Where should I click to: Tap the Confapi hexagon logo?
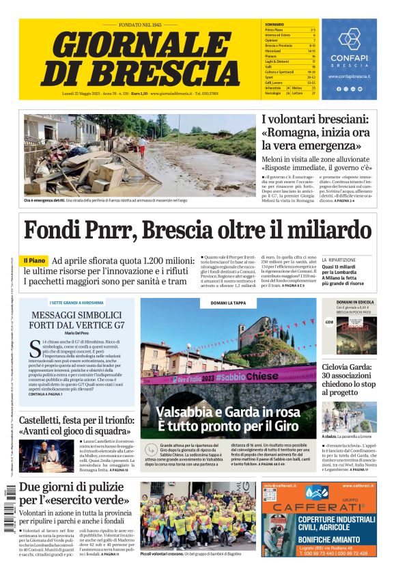[349, 39]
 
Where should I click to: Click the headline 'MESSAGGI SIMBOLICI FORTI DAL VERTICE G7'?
[77, 320]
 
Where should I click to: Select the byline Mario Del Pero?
[77, 333]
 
